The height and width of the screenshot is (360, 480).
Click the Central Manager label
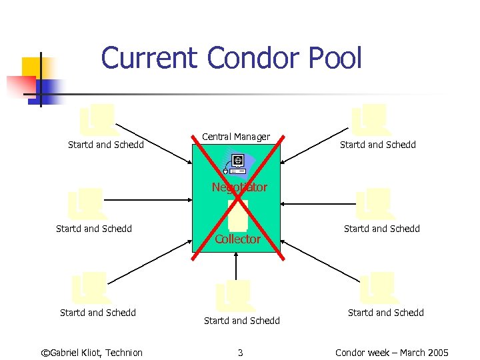coord(236,137)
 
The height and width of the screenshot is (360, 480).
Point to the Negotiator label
coord(239,187)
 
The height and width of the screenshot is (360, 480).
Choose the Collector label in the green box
coord(237,239)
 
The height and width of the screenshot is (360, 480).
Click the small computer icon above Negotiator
coord(236,162)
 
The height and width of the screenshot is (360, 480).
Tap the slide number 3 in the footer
coord(240,353)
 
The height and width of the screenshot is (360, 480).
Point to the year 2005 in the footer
coord(437,353)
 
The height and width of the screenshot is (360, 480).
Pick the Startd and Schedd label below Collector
coord(242,321)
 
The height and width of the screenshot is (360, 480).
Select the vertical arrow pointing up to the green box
coord(237,267)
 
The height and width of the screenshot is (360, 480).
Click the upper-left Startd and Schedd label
coord(106,145)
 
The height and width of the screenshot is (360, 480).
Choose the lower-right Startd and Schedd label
coord(386,313)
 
